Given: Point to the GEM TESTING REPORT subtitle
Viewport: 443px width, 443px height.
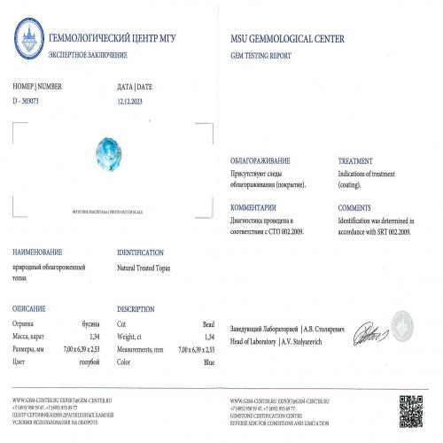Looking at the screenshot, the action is (x=261, y=54).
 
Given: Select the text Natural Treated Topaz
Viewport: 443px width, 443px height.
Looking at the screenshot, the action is (x=147, y=266).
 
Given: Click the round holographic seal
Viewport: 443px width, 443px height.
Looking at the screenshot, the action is (x=403, y=323).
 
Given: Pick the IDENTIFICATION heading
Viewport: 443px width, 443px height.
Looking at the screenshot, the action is (x=140, y=253).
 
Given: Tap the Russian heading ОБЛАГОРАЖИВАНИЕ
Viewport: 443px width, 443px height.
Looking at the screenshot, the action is (x=260, y=161).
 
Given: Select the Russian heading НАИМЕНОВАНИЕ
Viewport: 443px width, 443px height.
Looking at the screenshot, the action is (x=35, y=253).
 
